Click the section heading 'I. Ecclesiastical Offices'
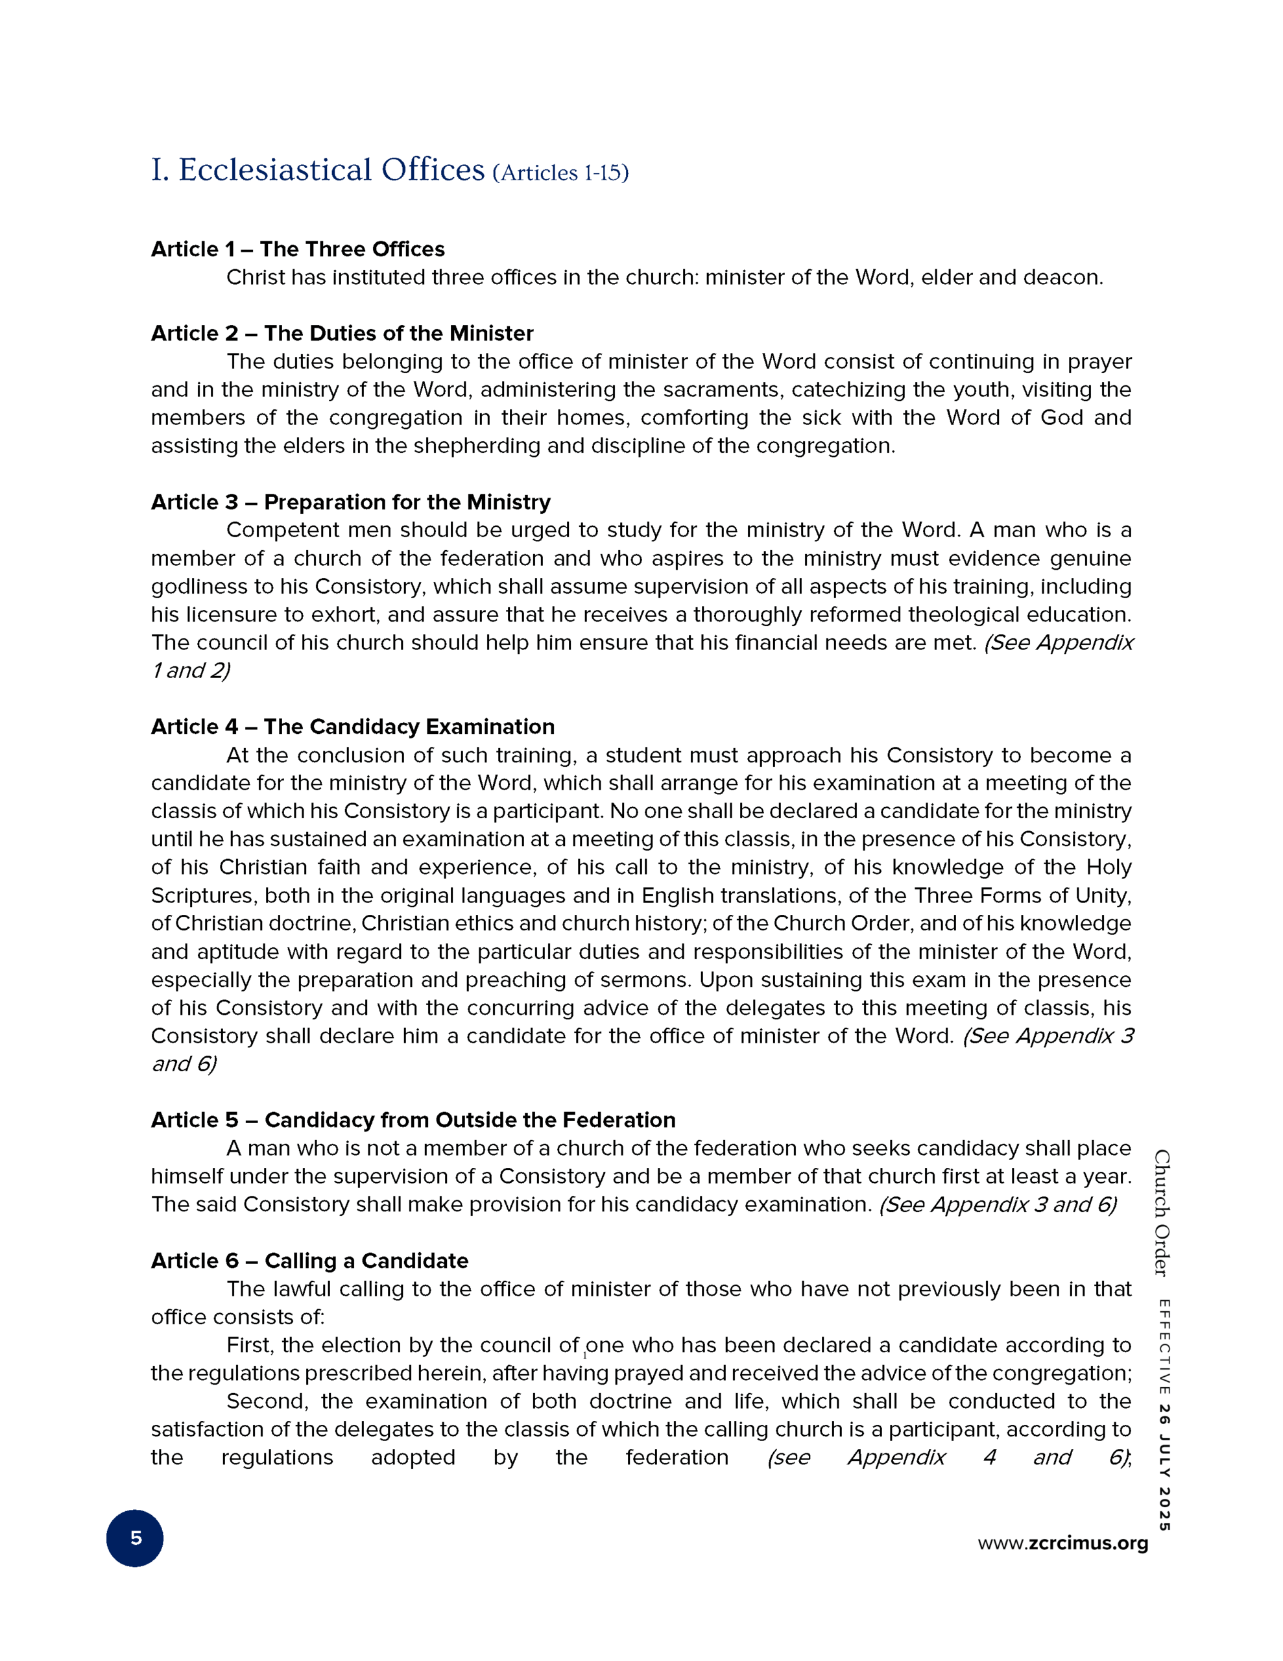click(318, 171)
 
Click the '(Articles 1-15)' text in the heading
click(560, 173)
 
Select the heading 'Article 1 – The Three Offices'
click(297, 249)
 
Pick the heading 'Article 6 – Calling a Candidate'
click(309, 1260)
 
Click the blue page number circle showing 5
click(136, 1538)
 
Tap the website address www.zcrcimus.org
click(1062, 1543)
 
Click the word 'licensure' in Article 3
click(217, 614)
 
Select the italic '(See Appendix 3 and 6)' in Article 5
click(998, 1205)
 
